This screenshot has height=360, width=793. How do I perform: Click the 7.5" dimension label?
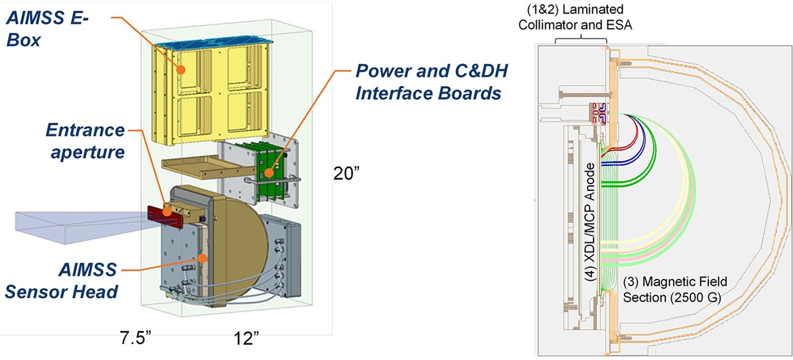click(135, 338)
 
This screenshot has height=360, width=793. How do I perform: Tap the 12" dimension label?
click(246, 338)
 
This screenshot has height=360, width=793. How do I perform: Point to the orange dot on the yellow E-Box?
click(181, 70)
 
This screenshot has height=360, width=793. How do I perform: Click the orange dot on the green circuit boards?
click(269, 173)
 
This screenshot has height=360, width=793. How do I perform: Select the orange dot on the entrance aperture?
click(167, 212)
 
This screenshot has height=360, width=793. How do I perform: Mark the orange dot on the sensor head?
click(202, 258)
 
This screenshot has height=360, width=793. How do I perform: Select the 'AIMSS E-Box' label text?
click(46, 29)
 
